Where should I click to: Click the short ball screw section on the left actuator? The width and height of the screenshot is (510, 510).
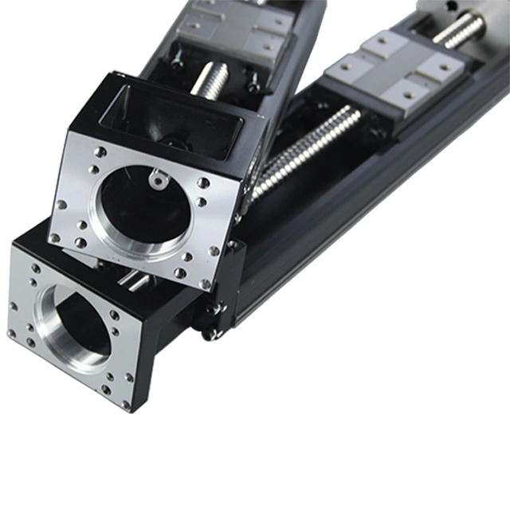click(210, 80)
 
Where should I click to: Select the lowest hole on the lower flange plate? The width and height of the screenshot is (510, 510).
click(125, 404)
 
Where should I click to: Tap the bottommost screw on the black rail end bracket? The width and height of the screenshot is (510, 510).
click(212, 334)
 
